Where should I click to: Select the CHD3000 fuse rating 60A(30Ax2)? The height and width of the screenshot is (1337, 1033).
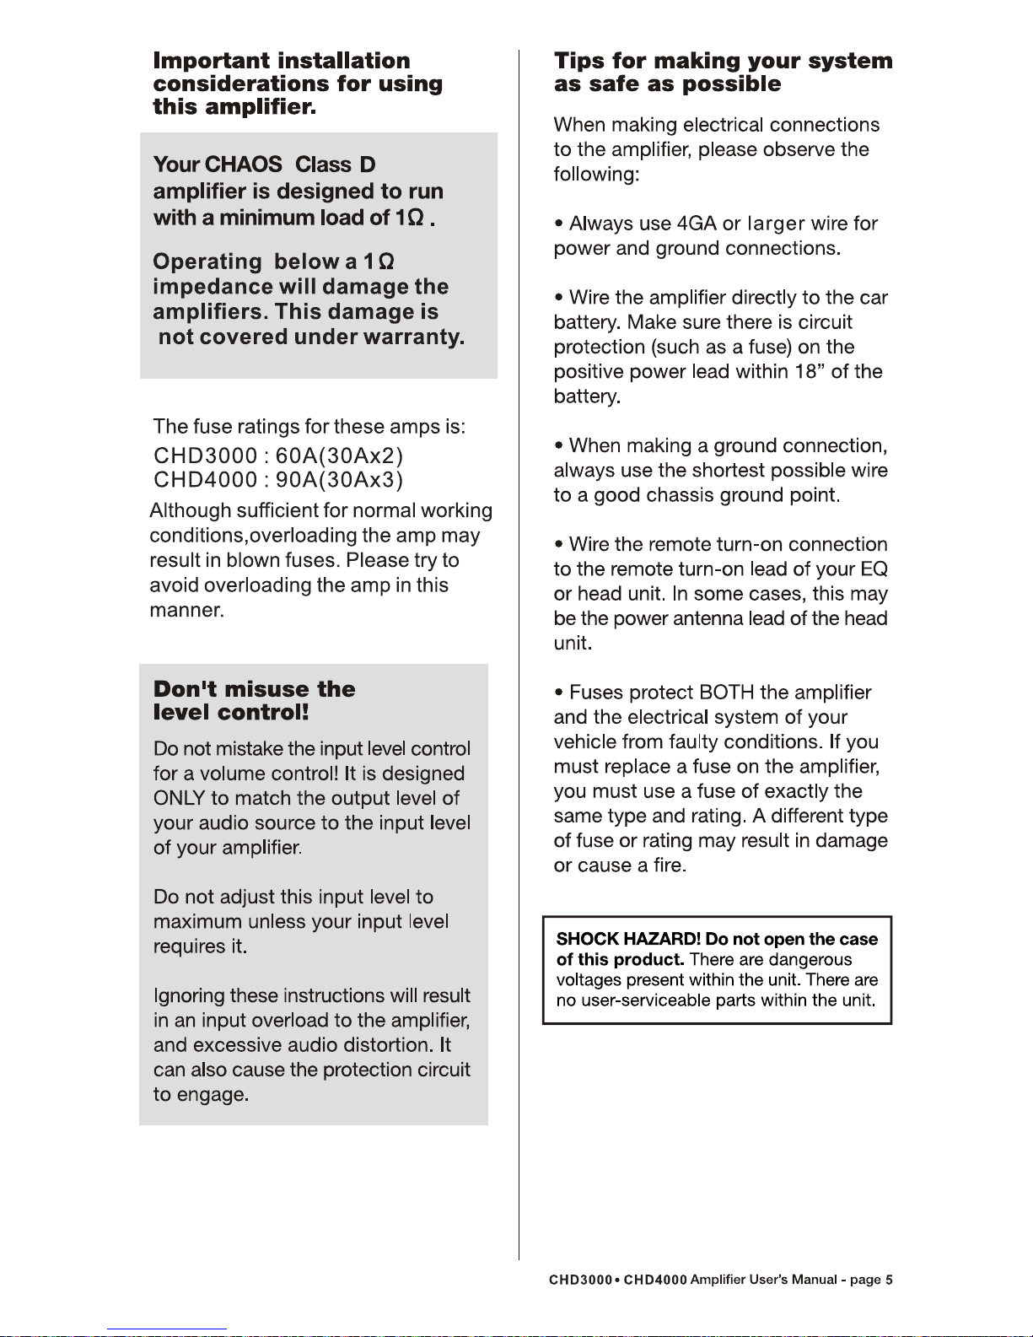[339, 456]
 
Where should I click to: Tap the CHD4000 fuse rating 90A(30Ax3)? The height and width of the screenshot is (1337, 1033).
[339, 480]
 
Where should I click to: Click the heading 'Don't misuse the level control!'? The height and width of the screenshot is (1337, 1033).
[254, 700]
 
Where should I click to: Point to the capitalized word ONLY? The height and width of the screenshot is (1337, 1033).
[179, 798]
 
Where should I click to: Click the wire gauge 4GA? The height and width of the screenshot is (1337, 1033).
[697, 224]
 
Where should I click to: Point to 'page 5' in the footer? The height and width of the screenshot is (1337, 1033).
[870, 1280]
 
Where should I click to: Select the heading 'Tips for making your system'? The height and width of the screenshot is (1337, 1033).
[723, 61]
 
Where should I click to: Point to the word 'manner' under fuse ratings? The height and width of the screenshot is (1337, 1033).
[185, 610]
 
